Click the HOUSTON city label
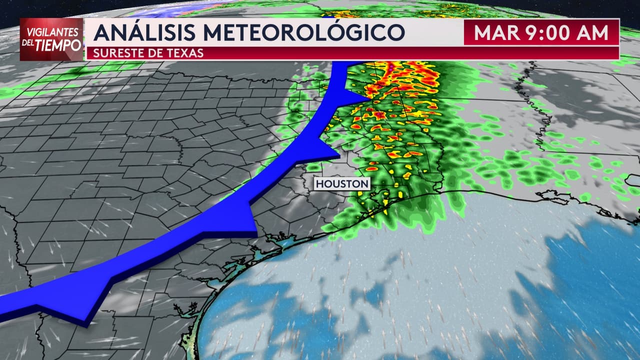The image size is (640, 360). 342,184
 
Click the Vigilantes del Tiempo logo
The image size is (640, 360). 51,39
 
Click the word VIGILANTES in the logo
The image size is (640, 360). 51,31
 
